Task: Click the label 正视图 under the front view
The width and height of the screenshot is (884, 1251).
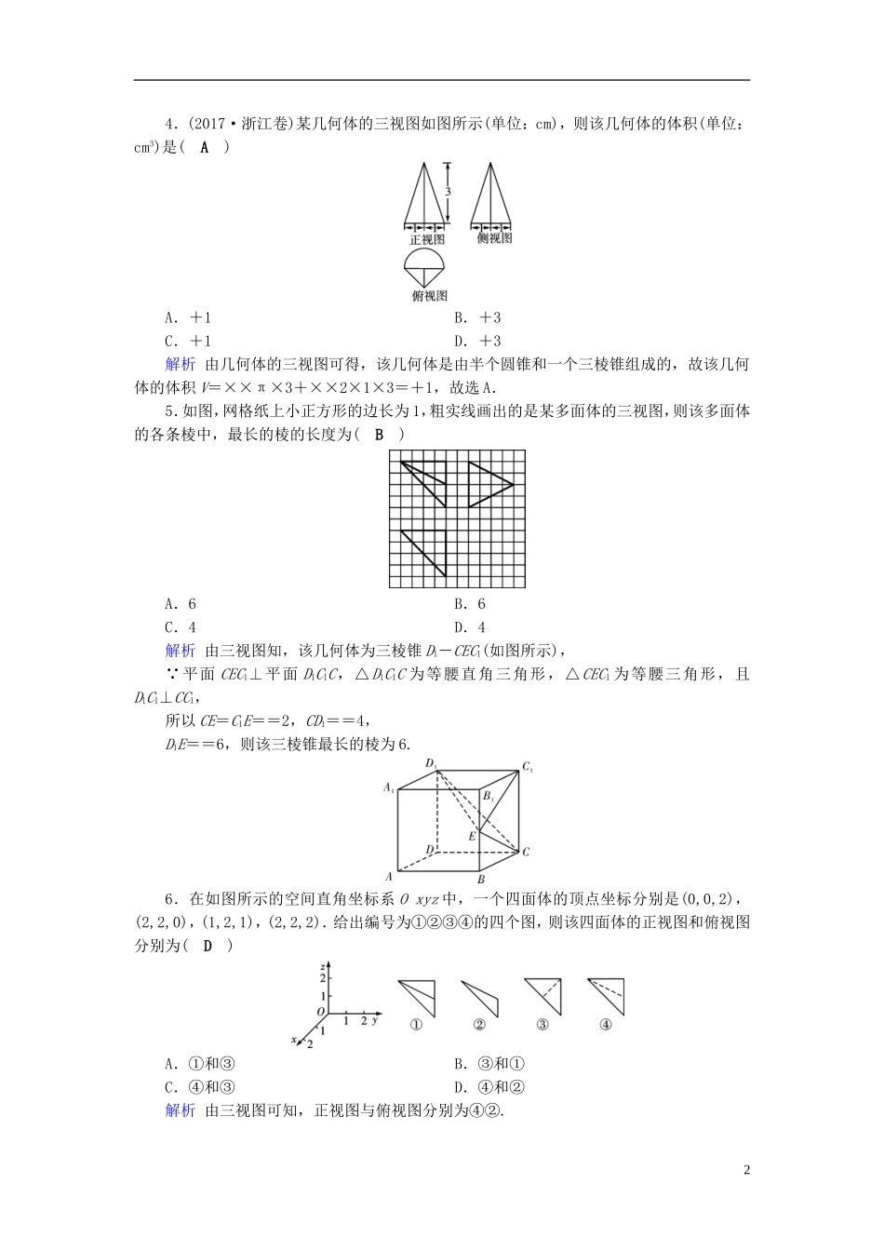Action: pyautogui.click(x=428, y=240)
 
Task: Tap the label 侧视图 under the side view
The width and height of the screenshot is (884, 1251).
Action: pyautogui.click(x=494, y=238)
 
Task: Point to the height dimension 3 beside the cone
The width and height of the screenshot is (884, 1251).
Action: pyautogui.click(x=448, y=191)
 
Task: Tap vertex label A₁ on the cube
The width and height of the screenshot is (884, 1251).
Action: pyautogui.click(x=389, y=788)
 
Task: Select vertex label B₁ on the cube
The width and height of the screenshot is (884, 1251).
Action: pyautogui.click(x=489, y=797)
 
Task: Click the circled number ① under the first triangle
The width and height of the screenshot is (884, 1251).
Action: pyautogui.click(x=416, y=1025)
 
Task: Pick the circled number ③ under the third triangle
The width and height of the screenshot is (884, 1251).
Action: pyautogui.click(x=542, y=1025)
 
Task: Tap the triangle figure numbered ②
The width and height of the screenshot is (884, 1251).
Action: pyautogui.click(x=482, y=998)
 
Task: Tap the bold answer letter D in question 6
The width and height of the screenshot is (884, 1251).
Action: pyautogui.click(x=208, y=947)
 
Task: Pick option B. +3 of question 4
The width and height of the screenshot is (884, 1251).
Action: pyautogui.click(x=478, y=318)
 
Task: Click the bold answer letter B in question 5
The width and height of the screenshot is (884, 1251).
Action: pyautogui.click(x=379, y=434)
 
